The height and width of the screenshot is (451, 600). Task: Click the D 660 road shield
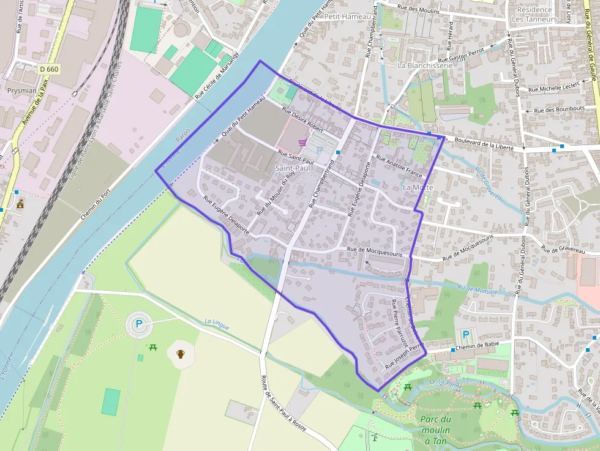coord(48,69)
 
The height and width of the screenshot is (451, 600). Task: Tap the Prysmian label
coord(22,91)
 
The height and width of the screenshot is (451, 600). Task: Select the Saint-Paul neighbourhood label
coord(294,168)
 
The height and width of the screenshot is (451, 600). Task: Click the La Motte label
coord(418,187)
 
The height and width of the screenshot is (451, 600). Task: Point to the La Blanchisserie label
coord(425,65)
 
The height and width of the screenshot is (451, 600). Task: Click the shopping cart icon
coord(302,143)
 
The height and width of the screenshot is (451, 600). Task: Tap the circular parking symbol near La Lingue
coord(139,324)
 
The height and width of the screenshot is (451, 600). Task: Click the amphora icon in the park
coord(181,354)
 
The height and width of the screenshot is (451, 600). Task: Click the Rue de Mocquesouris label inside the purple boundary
coord(374,250)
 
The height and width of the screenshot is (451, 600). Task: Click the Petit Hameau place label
coord(348,17)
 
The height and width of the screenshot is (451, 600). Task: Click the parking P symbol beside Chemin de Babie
coord(467,335)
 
